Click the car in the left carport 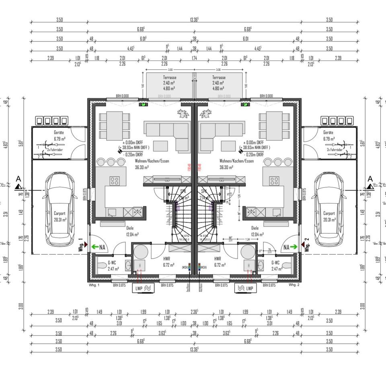pos(59,210)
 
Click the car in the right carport pos(329,210)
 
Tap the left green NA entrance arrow pos(95,247)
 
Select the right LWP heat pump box pos(245,288)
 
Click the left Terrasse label pos(169,77)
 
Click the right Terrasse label pos(219,77)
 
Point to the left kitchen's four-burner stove pos(115,181)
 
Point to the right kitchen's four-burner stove pos(275,181)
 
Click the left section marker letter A pos(18,179)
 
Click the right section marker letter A pos(370,179)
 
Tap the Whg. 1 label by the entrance pos(80,245)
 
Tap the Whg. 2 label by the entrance pos(307,245)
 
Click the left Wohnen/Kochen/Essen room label pos(152,161)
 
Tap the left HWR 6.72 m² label pos(168,262)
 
